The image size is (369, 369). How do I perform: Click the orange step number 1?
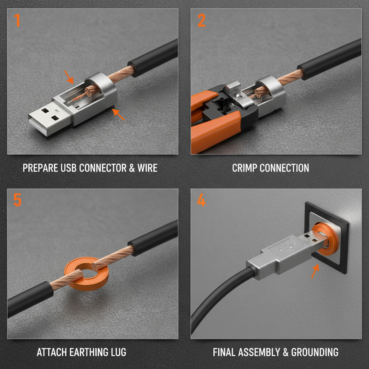click(17, 21)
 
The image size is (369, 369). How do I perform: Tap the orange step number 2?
click(201, 21)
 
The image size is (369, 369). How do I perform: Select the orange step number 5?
click(17, 200)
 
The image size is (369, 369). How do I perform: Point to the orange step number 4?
click(201, 200)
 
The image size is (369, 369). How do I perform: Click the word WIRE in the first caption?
click(147, 168)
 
